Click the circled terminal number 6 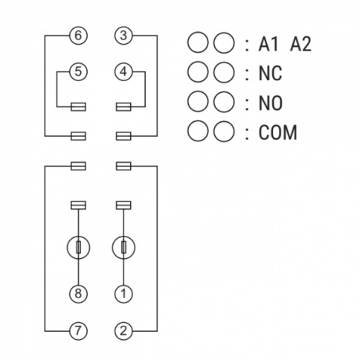[x=78, y=36]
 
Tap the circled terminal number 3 [x=123, y=36]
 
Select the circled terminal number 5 [x=78, y=71]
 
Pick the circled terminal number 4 [x=123, y=71]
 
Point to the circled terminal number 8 [x=78, y=294]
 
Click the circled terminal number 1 [x=123, y=294]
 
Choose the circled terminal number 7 [x=78, y=331]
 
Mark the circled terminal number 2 [x=123, y=331]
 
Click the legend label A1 [x=268, y=45]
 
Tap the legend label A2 [x=300, y=45]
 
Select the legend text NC [x=270, y=74]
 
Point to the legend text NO [x=271, y=103]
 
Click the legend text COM [x=277, y=132]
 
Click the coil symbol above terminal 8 [x=78, y=248]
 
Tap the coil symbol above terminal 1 [x=123, y=248]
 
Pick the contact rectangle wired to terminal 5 [x=78, y=107]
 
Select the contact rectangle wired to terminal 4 [x=123, y=107]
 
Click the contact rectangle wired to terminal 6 [x=78, y=136]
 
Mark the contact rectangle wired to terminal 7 [x=78, y=166]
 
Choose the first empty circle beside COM [x=198, y=131]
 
